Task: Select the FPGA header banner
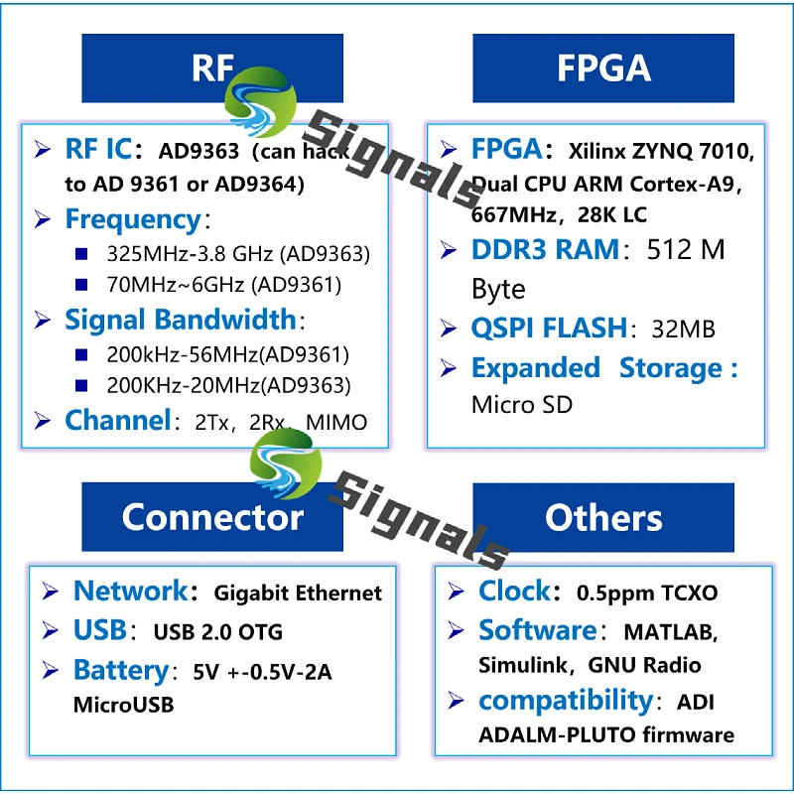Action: tap(603, 67)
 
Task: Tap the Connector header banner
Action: tap(211, 517)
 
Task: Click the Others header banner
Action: tap(603, 517)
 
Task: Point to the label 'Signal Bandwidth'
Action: tap(180, 320)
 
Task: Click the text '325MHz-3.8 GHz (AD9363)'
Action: tap(237, 254)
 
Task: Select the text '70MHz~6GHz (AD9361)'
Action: tap(223, 286)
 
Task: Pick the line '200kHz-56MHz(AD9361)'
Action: tap(227, 354)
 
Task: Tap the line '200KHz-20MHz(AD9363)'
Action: tap(227, 385)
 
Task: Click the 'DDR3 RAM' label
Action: tap(545, 249)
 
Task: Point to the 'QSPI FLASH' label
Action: tap(549, 328)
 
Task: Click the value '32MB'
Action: tap(683, 329)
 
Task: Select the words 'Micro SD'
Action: tap(521, 405)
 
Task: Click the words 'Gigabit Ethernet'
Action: tap(298, 593)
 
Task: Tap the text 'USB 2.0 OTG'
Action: tap(217, 632)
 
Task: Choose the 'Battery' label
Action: tap(120, 671)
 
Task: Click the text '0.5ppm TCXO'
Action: tap(647, 593)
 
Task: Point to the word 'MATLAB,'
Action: tap(670, 631)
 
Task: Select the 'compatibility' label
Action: tap(565, 701)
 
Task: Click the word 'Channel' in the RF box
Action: tap(117, 420)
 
